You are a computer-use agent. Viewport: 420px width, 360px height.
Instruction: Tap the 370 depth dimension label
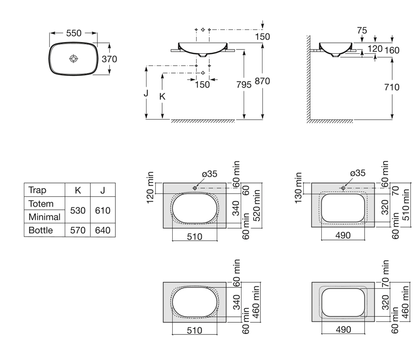[109, 59]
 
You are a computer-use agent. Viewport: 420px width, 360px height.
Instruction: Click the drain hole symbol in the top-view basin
[73, 59]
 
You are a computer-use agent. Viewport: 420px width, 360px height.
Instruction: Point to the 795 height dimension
[244, 84]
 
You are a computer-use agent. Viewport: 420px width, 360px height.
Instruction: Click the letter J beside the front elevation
[146, 93]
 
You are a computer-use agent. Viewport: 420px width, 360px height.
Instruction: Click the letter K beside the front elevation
[163, 96]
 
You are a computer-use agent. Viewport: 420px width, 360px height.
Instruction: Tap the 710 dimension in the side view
[392, 87]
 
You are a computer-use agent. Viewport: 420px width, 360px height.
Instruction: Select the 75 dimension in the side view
[362, 31]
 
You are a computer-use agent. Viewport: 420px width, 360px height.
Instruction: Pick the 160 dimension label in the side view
[391, 50]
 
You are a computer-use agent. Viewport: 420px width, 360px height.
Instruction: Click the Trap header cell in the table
[37, 190]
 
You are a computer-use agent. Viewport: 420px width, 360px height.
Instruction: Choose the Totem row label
[41, 204]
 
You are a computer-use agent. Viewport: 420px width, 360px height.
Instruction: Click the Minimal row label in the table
[45, 217]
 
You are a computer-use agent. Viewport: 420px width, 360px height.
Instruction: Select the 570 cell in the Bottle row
[78, 230]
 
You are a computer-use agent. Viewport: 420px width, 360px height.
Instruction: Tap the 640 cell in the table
[102, 230]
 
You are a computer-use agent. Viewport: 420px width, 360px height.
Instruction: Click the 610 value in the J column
[102, 210]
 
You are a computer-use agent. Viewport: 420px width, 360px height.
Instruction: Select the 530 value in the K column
[78, 210]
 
